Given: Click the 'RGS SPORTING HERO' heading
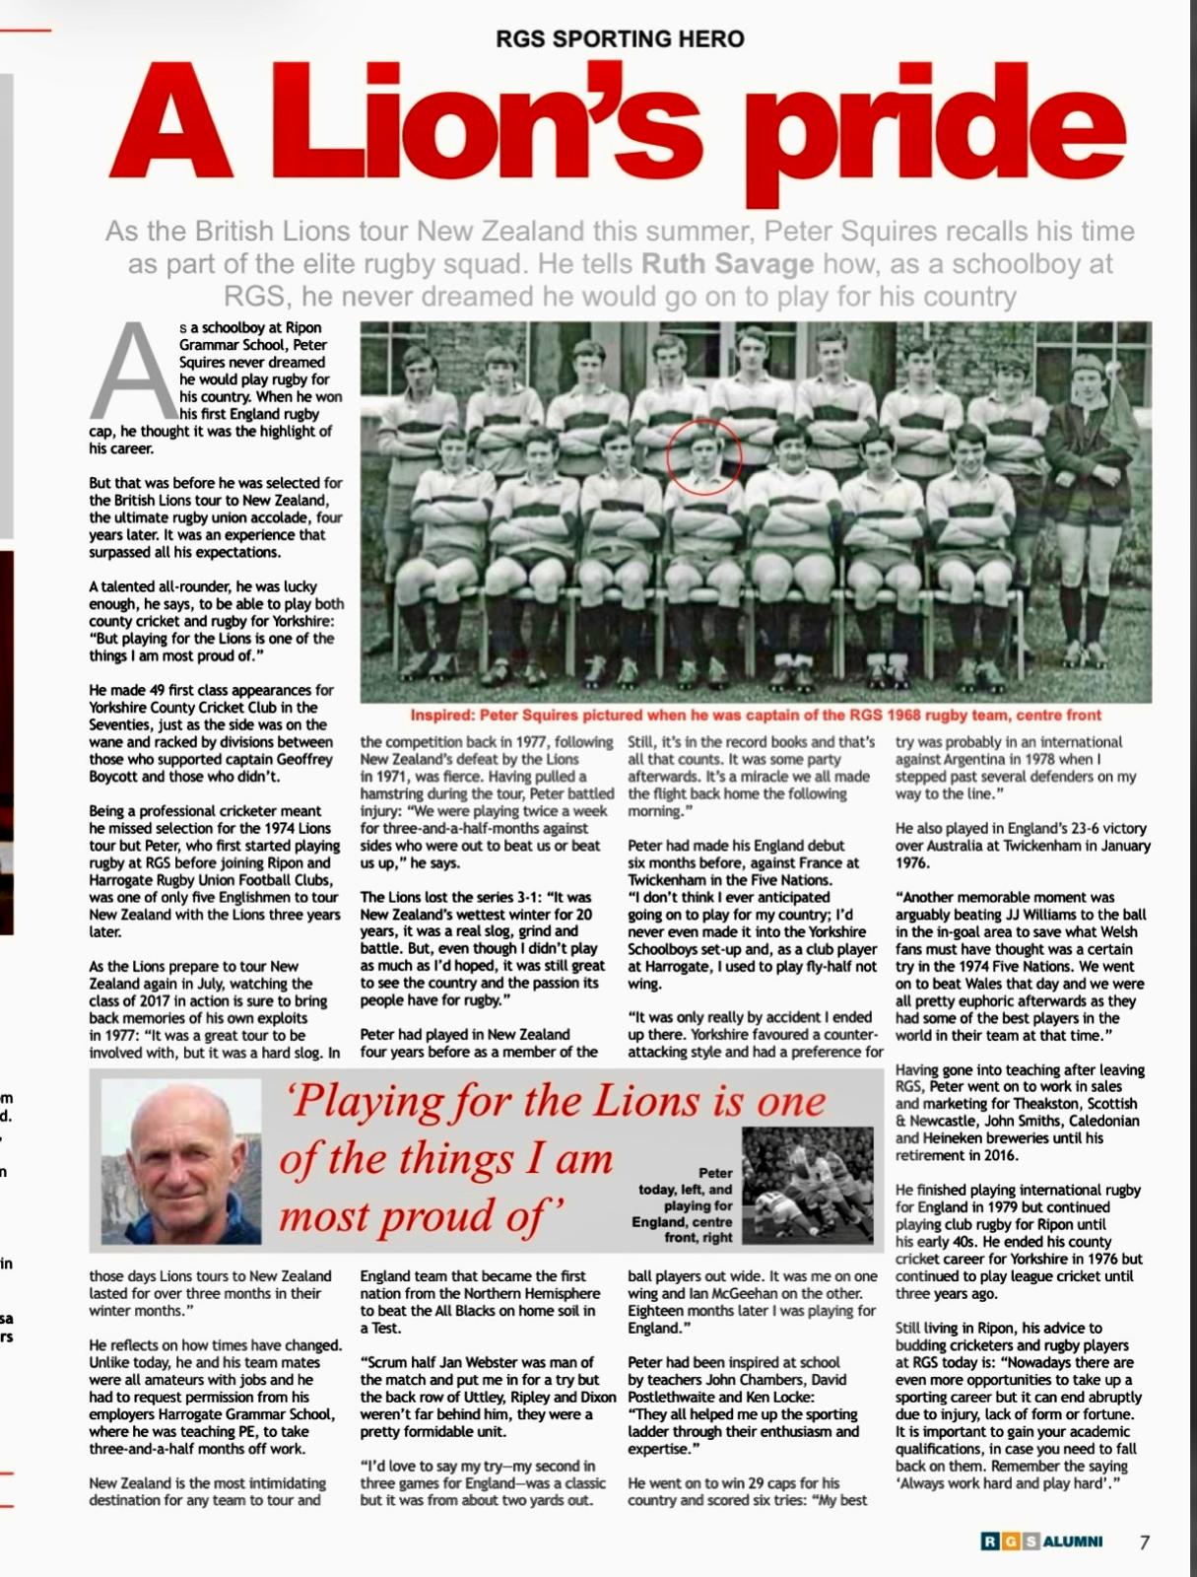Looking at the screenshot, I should tap(621, 38).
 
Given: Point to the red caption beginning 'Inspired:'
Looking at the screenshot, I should tap(756, 715).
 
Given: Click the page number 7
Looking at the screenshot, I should tap(1144, 1543).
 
